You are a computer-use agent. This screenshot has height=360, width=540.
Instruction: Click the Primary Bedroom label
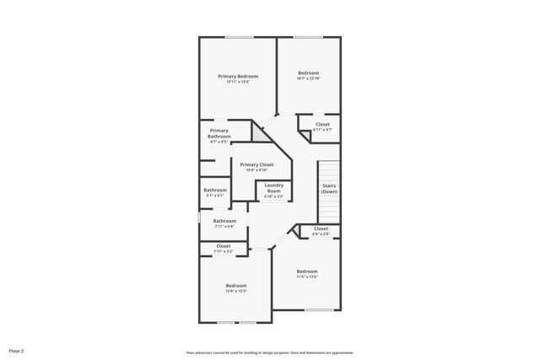(237, 77)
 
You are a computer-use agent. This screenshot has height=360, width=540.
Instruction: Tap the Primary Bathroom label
(219, 133)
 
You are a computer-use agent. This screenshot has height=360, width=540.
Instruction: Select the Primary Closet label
(256, 164)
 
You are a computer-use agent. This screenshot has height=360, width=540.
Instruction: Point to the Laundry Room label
(273, 188)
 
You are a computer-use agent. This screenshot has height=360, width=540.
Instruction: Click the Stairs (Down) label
(328, 189)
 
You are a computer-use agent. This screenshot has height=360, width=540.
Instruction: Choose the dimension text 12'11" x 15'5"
(237, 82)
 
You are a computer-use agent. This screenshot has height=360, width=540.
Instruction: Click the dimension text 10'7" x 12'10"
(308, 78)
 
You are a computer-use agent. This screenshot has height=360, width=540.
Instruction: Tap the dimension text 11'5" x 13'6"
(306, 277)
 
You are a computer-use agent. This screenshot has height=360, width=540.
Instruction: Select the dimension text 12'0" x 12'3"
(235, 291)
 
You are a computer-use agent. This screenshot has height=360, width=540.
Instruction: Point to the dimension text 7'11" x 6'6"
(224, 226)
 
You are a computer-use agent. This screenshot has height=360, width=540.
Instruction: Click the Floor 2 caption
(17, 350)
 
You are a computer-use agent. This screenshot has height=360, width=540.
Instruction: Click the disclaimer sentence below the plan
(269, 352)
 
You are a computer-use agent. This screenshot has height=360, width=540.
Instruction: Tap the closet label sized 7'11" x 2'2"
(223, 246)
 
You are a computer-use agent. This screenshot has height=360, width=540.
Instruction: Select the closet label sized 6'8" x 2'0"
(321, 228)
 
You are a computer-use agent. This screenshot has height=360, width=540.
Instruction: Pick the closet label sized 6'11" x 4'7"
(322, 125)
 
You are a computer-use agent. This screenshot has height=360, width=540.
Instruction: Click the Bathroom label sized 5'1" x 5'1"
(214, 190)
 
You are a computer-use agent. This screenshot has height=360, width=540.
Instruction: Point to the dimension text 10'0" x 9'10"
(256, 170)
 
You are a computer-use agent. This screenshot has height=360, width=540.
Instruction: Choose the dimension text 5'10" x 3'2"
(273, 196)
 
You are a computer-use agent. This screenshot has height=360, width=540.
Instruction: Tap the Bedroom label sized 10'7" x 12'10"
(308, 73)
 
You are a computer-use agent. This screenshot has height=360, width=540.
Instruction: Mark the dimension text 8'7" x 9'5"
(219, 142)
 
